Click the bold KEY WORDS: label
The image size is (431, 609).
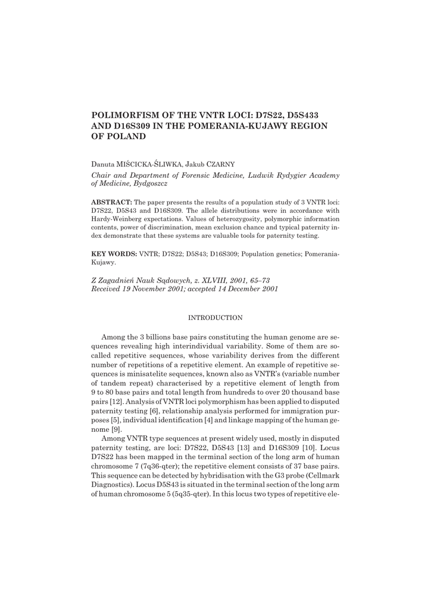tap(114, 253)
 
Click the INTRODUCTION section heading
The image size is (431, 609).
tap(215, 318)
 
